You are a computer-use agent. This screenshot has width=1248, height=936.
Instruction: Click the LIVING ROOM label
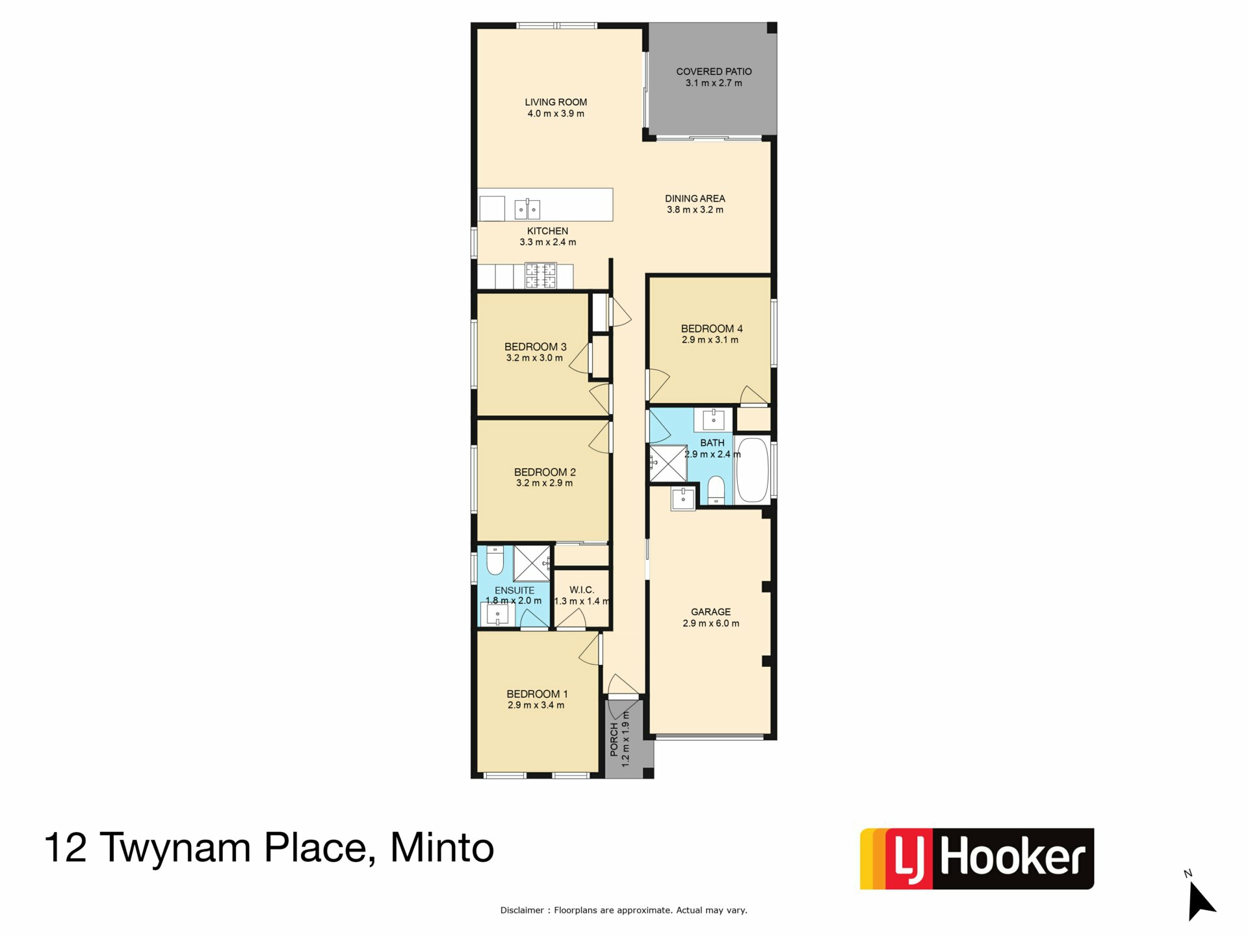[x=556, y=102]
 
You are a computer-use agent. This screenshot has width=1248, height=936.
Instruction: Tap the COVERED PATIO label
[x=714, y=71]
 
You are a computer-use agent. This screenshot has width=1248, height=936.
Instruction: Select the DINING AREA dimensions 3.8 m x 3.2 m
[x=695, y=210]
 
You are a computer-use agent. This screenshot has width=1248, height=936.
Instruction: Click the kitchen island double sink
[x=527, y=209]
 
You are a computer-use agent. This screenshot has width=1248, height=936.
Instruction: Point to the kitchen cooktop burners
[x=541, y=275]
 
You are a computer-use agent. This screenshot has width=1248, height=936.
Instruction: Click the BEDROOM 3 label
[x=536, y=347]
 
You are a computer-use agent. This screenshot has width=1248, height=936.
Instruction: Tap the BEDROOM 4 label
[x=712, y=329]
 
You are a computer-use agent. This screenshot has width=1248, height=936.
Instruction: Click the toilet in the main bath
[x=716, y=489]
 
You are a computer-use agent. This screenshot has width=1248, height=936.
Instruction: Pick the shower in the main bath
[x=668, y=463]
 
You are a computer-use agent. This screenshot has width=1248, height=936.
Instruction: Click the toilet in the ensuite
[x=495, y=560]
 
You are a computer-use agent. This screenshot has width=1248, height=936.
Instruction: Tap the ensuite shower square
[x=532, y=563]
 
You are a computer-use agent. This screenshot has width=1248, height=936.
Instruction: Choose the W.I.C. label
[x=582, y=590]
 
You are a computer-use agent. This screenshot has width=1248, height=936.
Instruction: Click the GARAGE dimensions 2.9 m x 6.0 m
[x=711, y=623]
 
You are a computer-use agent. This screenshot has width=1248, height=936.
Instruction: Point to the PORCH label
[x=614, y=740]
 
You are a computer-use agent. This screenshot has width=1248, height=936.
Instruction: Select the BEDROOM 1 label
[x=537, y=694]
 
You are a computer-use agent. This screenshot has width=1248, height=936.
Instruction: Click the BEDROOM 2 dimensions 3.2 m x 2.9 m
[x=545, y=483]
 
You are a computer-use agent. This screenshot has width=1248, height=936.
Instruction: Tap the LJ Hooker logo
[x=977, y=859]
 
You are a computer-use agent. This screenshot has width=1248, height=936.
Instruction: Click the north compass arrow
[x=1201, y=901]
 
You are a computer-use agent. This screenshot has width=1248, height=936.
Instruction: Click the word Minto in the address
[x=442, y=848]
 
